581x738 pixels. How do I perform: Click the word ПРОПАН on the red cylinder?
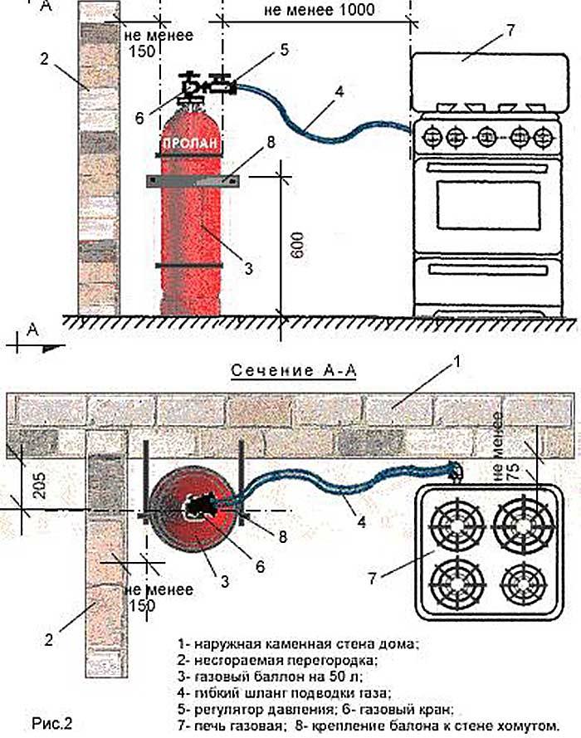click(x=190, y=143)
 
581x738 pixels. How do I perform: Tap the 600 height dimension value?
click(x=296, y=245)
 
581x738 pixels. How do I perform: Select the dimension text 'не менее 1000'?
click(x=319, y=9)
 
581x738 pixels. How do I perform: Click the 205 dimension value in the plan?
click(x=40, y=486)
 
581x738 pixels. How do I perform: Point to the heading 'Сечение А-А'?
click(x=294, y=370)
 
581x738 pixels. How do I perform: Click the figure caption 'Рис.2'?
click(x=52, y=723)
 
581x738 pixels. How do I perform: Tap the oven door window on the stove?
click(x=488, y=204)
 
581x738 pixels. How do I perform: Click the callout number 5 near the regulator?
click(x=285, y=50)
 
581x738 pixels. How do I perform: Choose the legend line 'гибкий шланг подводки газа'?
click(x=284, y=693)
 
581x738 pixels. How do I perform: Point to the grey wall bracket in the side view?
click(x=193, y=181)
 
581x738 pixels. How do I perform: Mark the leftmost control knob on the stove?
click(x=432, y=138)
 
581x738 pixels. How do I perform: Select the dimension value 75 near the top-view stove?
click(x=513, y=467)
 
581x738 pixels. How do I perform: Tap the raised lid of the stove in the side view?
click(x=489, y=83)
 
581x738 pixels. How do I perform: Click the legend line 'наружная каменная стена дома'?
click(x=298, y=643)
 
